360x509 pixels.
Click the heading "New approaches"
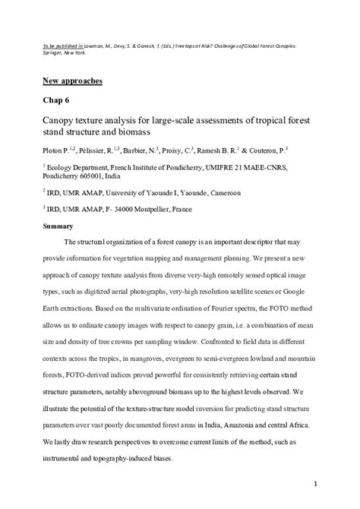(72, 81)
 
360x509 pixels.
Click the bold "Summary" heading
(58, 226)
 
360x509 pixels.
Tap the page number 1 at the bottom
(314, 483)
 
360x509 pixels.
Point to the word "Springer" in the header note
(55, 53)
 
